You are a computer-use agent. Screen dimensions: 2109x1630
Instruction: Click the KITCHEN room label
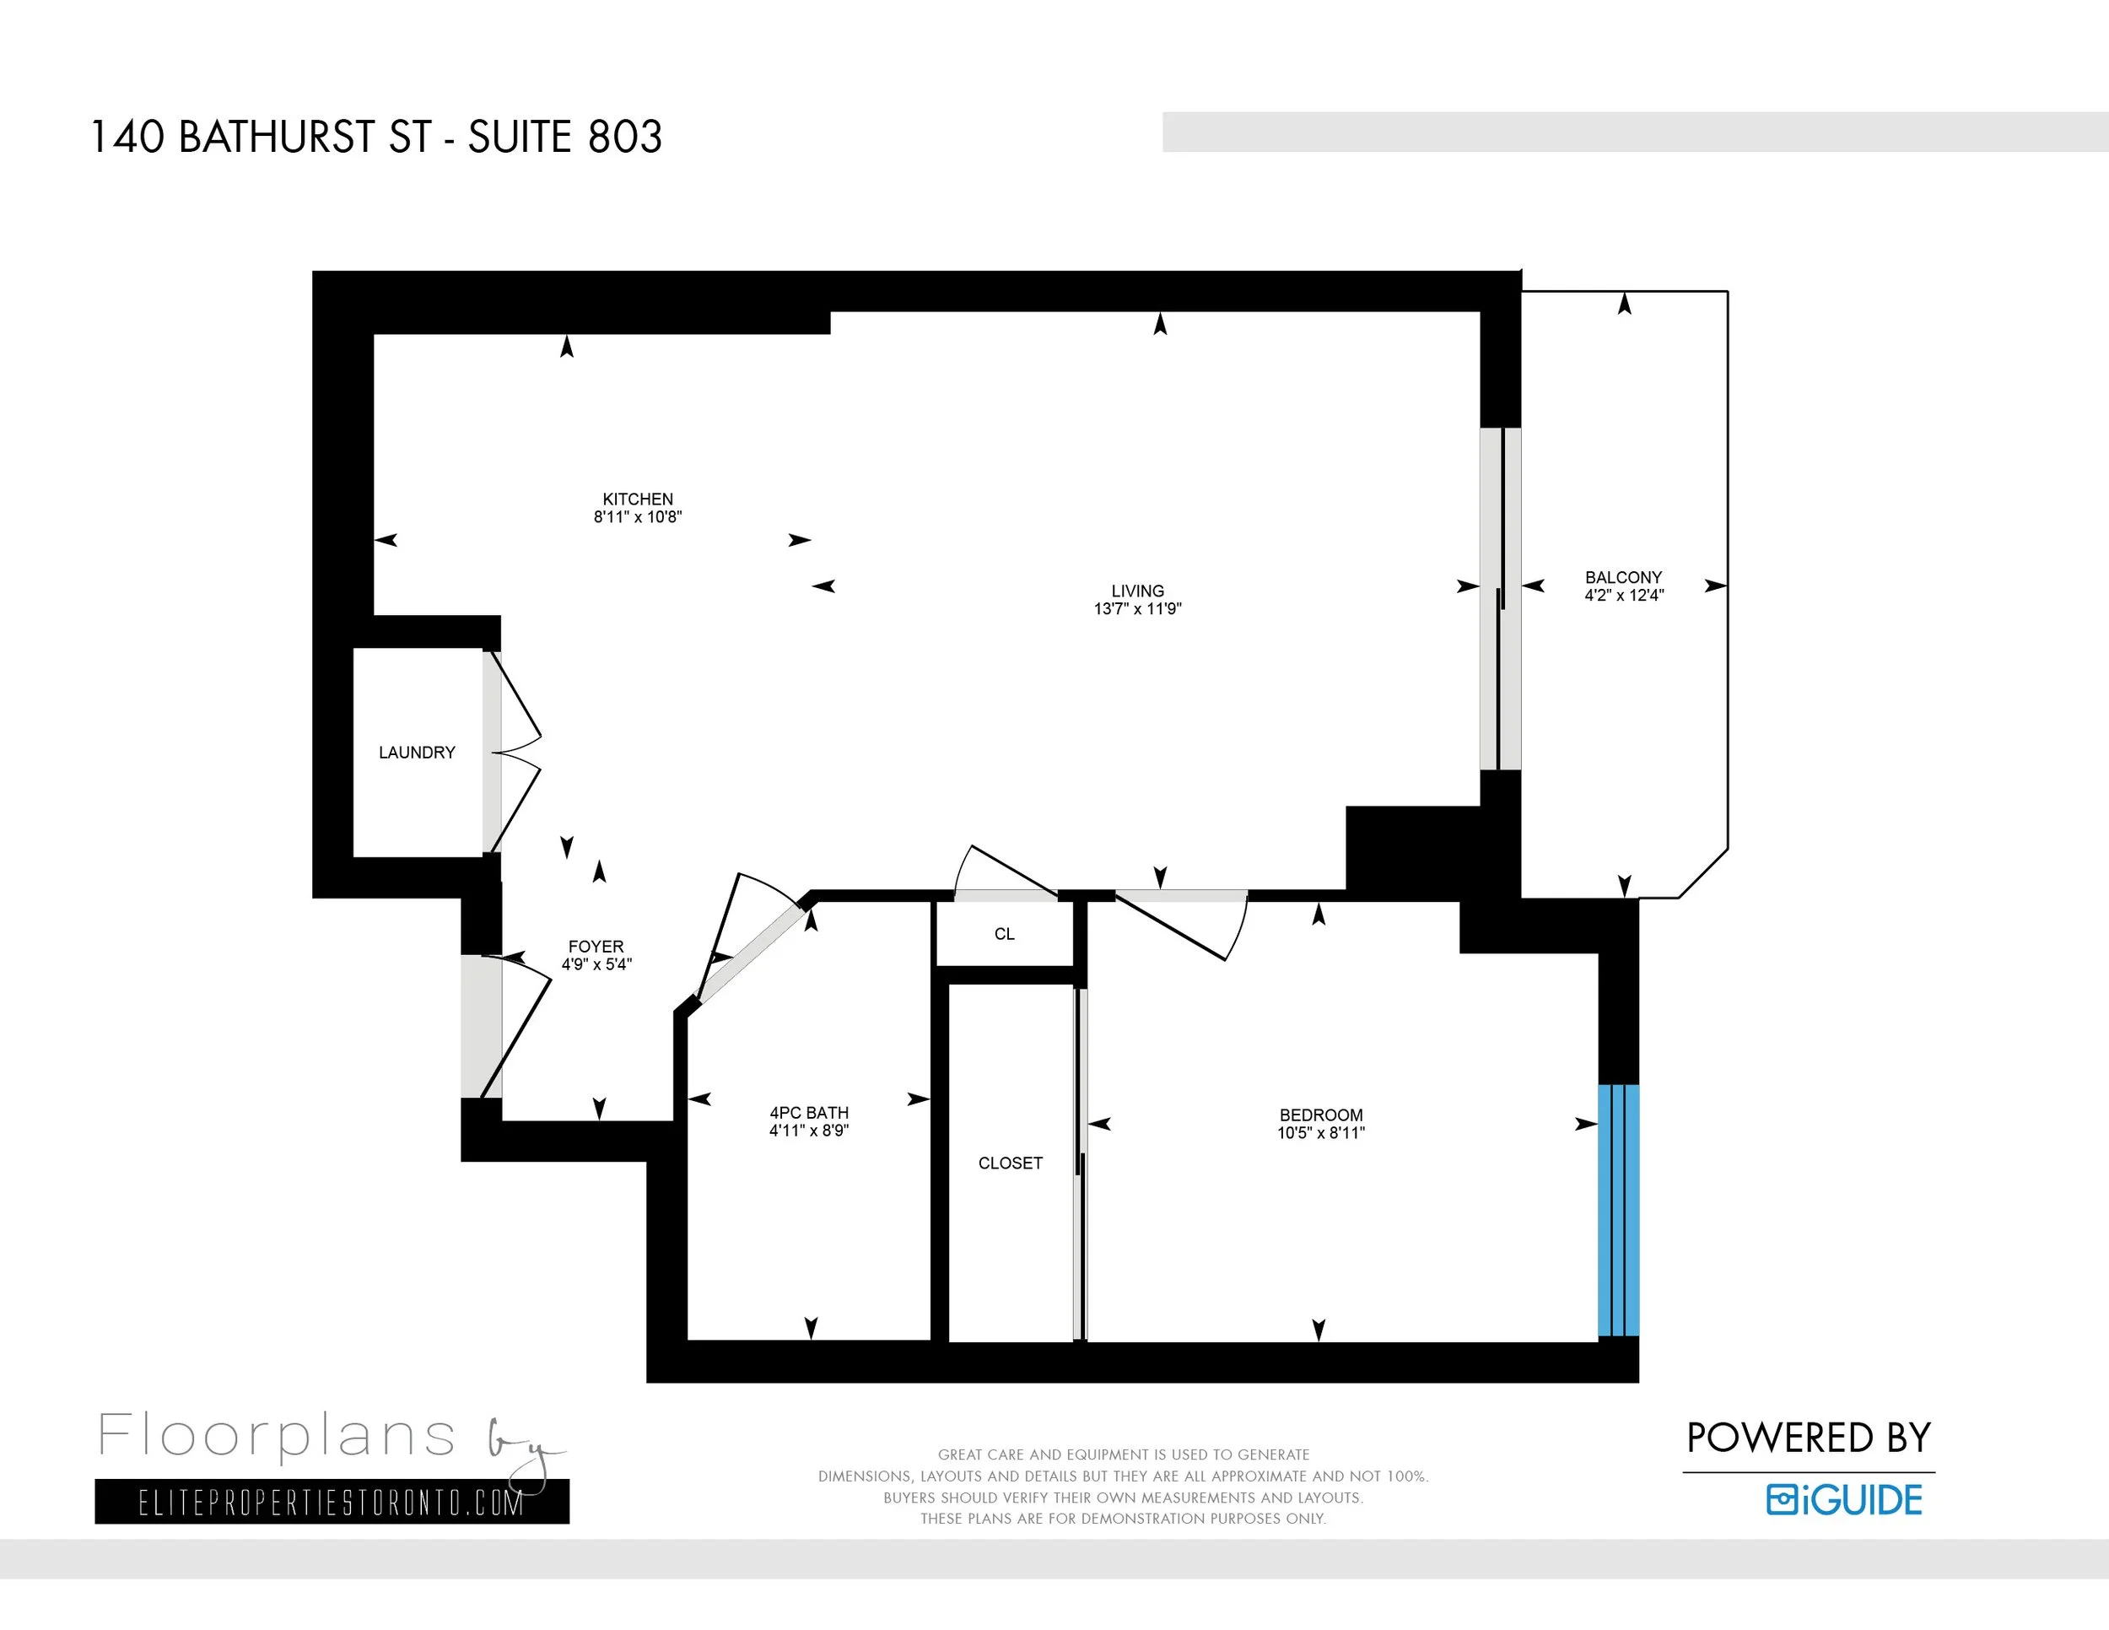(637, 499)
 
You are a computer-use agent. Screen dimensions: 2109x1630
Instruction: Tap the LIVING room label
(1137, 591)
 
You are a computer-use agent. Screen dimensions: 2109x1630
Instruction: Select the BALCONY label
(1623, 577)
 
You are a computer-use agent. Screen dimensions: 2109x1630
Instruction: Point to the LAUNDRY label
(418, 753)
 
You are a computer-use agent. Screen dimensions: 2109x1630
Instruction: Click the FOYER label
(596, 947)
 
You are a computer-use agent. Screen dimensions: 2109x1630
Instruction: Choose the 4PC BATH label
(809, 1113)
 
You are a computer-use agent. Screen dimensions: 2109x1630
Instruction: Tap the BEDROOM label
(1321, 1115)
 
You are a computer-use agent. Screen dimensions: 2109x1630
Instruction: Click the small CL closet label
(1004, 934)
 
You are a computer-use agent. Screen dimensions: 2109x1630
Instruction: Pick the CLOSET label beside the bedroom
(1010, 1163)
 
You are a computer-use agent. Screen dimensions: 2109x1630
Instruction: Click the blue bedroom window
(1618, 1211)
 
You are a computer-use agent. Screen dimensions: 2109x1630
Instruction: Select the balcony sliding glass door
(1501, 599)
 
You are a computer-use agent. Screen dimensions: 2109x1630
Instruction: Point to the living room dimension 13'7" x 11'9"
(1137, 608)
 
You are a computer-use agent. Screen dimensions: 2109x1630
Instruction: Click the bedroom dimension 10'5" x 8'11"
(1321, 1133)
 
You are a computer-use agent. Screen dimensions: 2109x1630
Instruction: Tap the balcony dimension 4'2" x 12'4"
(1624, 595)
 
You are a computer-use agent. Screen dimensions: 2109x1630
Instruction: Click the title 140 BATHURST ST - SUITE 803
(376, 138)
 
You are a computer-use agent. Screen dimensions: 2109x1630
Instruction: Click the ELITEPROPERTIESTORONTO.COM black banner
(332, 1502)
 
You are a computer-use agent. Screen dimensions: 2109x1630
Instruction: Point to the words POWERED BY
(1809, 1438)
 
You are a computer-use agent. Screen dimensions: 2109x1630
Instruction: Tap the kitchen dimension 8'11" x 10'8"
(637, 516)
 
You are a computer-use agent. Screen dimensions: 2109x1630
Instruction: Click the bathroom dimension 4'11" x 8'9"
(809, 1130)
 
